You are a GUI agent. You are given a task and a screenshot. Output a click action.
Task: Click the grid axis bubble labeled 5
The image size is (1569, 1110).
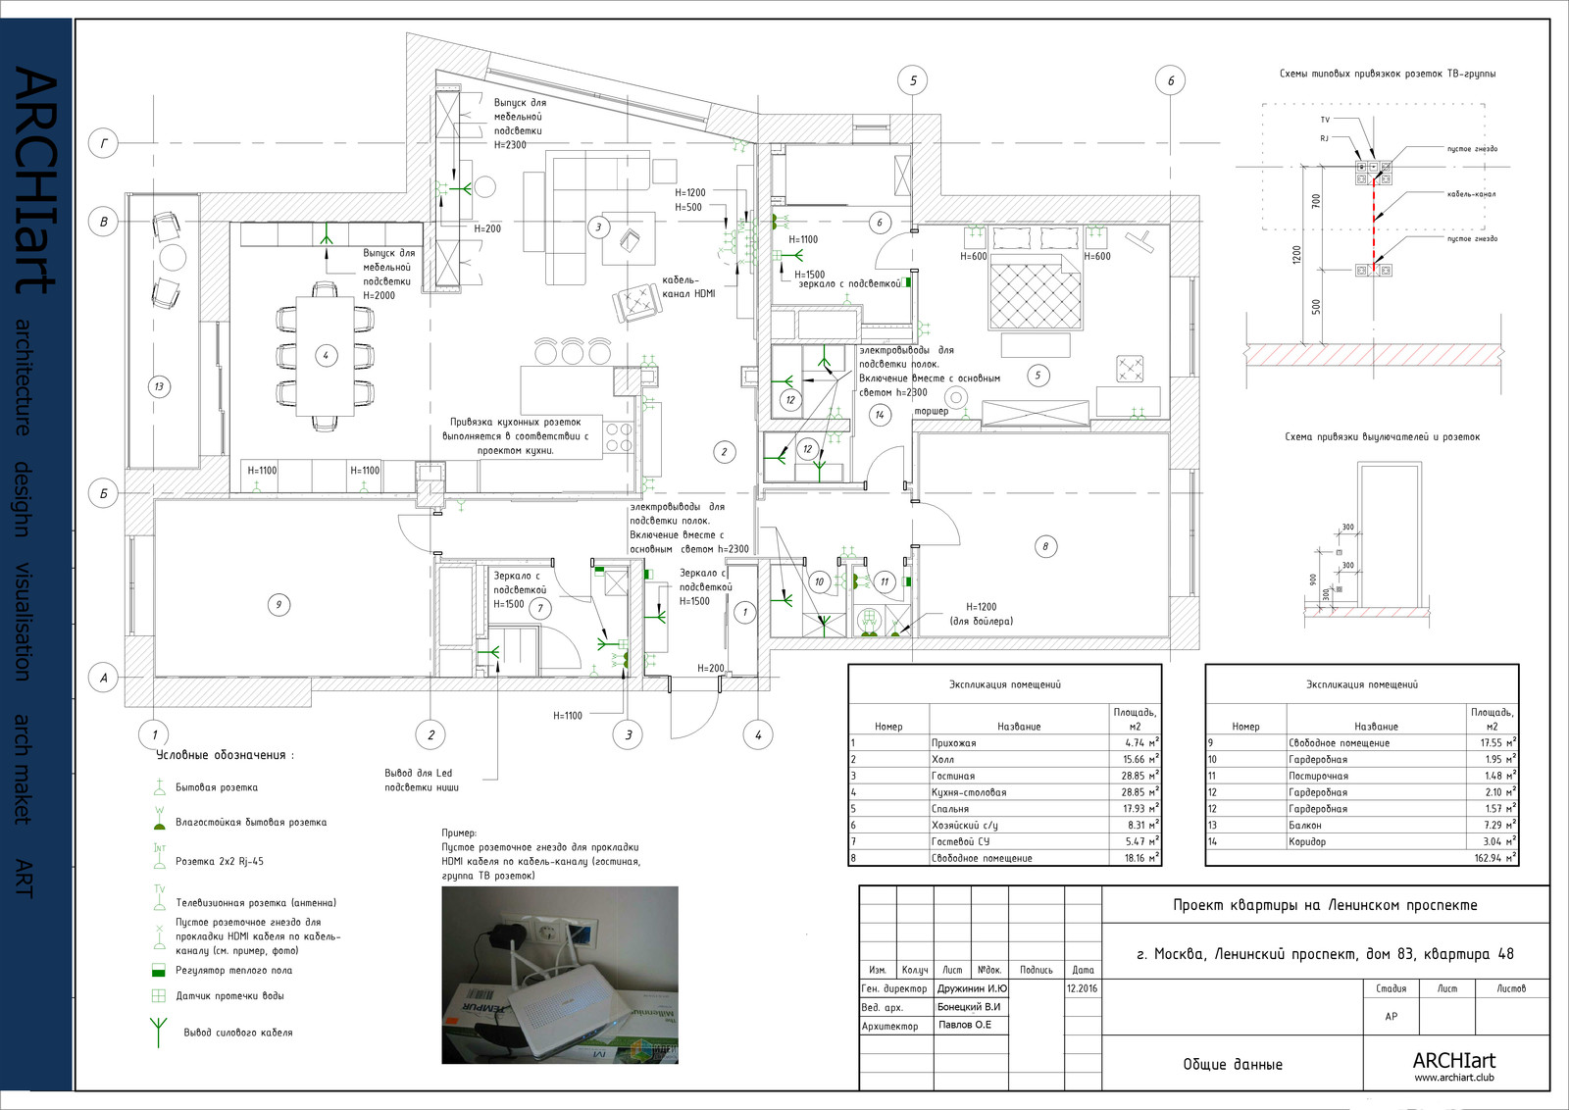[x=913, y=80]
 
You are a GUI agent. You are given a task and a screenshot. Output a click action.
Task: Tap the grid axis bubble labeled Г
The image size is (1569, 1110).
[x=104, y=144]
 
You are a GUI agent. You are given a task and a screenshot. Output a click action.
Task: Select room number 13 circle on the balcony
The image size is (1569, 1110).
[x=159, y=386]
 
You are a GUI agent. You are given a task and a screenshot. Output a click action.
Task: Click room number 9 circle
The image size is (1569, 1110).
[x=278, y=605]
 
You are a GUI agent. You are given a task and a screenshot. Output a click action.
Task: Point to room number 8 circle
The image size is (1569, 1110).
[x=1045, y=546]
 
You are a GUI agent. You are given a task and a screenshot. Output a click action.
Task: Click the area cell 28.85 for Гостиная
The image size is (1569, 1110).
[x=1139, y=776]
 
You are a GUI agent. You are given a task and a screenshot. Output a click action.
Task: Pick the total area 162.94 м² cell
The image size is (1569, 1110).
[x=1493, y=858]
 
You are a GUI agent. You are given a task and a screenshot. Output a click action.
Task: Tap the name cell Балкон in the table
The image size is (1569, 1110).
[x=1305, y=826]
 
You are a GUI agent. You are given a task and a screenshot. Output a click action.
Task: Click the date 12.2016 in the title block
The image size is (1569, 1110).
[x=1082, y=988]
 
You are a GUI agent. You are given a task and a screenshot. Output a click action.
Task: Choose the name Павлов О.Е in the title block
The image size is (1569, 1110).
[x=964, y=1025]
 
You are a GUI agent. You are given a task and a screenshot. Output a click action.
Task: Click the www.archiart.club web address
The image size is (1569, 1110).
[x=1453, y=1078]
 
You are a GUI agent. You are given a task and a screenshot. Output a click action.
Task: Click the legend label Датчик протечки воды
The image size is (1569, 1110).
[x=229, y=996]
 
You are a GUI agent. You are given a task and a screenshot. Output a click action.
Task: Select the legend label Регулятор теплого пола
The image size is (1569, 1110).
[x=233, y=971]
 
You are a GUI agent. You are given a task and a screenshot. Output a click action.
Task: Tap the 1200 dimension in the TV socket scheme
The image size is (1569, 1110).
[x=1297, y=255]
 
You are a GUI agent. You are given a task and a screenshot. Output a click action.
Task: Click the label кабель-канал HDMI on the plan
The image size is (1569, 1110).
[x=688, y=286]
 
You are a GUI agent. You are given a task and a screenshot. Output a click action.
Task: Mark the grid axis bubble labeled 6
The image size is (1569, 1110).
[x=1170, y=80]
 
